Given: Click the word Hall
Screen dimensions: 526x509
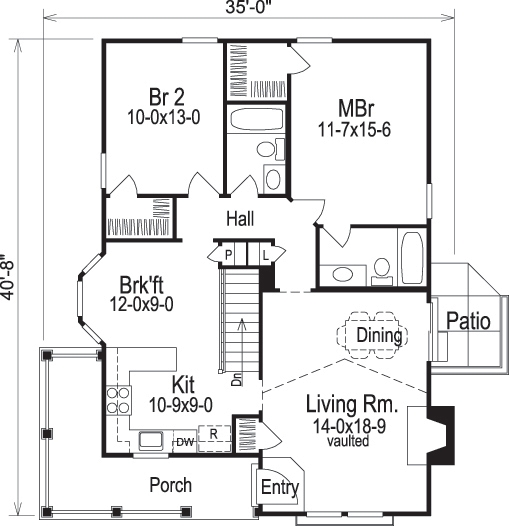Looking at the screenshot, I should tap(240, 218).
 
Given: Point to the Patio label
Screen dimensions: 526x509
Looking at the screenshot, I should tap(468, 322).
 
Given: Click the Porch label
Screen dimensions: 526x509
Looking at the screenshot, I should tap(170, 485).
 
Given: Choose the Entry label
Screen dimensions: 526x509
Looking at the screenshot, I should tap(279, 487).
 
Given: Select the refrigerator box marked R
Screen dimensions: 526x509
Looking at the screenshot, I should tap(211, 436).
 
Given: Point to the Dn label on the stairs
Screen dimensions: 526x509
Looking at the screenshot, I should tap(236, 379).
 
